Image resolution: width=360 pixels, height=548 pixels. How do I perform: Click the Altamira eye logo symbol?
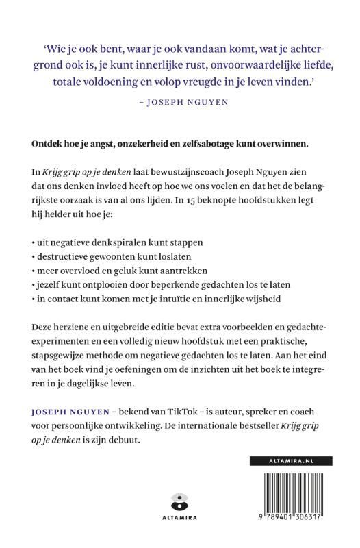coord(180,501)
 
